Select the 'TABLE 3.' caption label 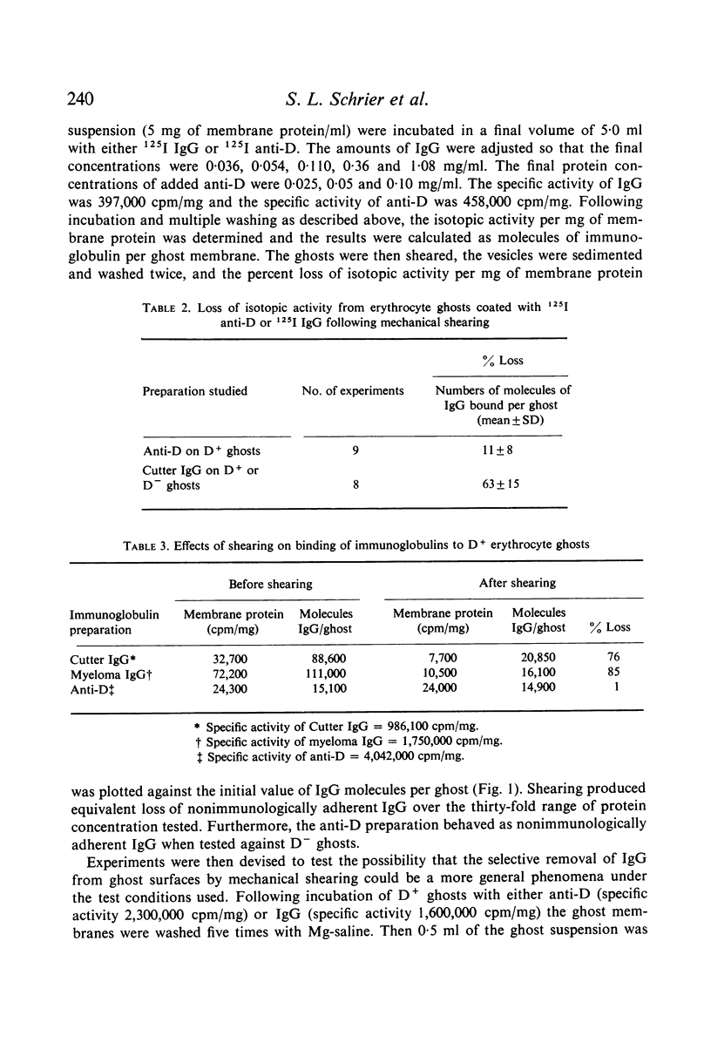pos(146,545)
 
